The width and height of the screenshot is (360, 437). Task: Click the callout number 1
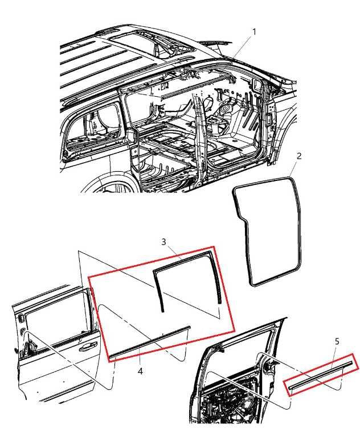(253, 32)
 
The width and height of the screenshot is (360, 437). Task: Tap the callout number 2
(299, 156)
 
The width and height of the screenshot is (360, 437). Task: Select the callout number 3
(164, 241)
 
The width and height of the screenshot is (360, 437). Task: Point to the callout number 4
(140, 371)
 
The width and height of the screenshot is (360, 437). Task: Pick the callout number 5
(337, 341)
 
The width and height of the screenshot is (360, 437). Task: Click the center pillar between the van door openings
(201, 139)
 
